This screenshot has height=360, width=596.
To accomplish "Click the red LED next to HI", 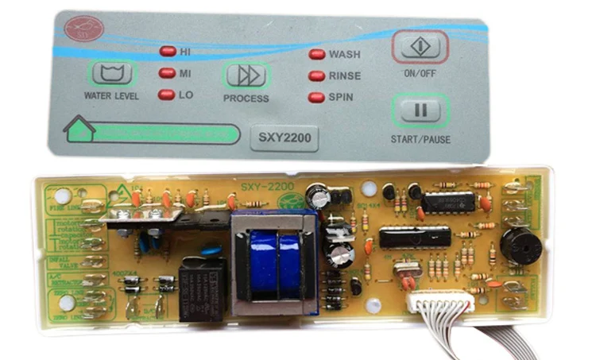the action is (x=168, y=52).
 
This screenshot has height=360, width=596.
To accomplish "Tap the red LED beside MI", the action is (x=167, y=73).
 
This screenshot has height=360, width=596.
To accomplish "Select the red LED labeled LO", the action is (x=167, y=95).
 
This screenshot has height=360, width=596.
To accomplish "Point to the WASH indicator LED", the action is (x=316, y=55).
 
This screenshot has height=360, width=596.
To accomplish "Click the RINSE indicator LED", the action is (x=316, y=76).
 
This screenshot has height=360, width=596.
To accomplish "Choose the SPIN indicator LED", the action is (x=316, y=98).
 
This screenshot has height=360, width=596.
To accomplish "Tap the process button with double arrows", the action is (x=246, y=75).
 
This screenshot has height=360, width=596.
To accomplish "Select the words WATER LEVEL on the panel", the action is (x=111, y=97).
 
